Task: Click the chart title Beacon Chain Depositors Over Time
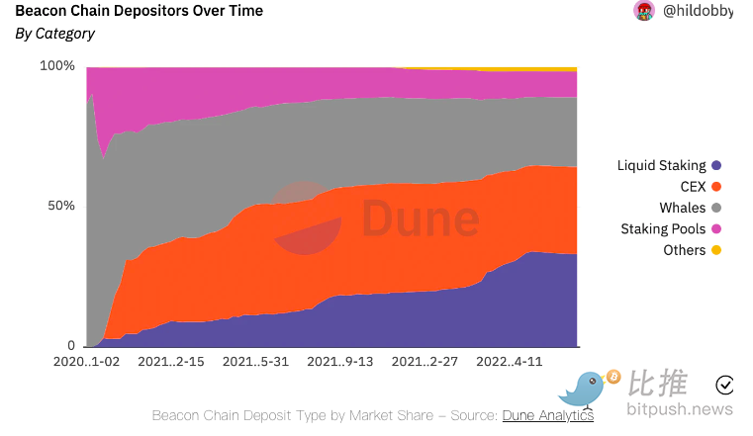coord(140,11)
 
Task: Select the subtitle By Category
coord(55,34)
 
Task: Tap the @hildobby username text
coord(697,11)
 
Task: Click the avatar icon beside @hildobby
coord(644,11)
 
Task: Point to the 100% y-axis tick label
coord(57,66)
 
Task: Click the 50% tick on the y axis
coord(61,206)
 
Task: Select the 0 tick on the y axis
coord(70,345)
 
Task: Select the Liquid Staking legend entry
coord(662,165)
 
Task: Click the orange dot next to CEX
coord(716,187)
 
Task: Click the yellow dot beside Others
coord(716,250)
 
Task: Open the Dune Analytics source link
coord(548,415)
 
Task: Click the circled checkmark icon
coord(725,385)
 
